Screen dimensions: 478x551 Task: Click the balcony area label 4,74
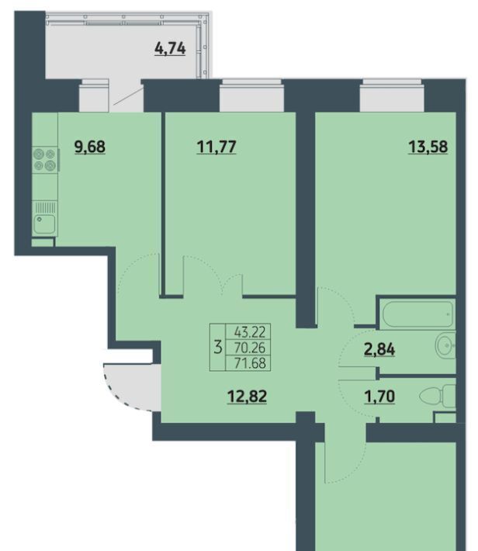(x=170, y=48)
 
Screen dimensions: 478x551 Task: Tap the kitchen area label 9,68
(x=90, y=147)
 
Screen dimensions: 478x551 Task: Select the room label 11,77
(x=216, y=147)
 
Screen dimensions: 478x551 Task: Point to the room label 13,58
(x=428, y=147)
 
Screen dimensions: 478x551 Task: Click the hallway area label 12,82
(x=248, y=397)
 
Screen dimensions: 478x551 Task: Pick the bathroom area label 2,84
(x=379, y=350)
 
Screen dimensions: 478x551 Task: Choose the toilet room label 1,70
(x=380, y=397)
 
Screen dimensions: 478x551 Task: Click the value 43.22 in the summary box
(x=250, y=331)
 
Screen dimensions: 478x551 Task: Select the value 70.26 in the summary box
(x=250, y=348)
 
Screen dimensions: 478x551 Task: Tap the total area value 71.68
(x=250, y=363)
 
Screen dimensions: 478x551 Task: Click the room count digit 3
(x=218, y=348)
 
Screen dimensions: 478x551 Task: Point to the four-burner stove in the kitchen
(x=45, y=160)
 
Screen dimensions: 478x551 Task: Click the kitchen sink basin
(x=45, y=224)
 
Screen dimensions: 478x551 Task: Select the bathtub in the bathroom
(x=417, y=314)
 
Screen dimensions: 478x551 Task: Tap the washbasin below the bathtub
(x=445, y=345)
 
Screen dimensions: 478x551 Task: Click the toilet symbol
(x=438, y=397)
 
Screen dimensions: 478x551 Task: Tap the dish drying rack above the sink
(x=45, y=207)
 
